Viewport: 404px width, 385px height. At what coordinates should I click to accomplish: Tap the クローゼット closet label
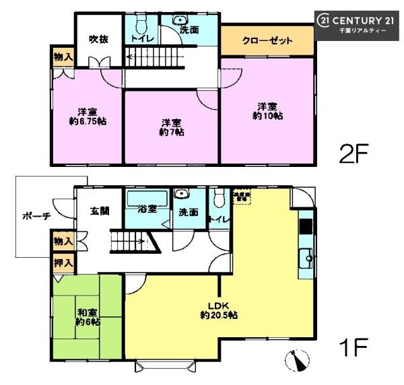[267, 41]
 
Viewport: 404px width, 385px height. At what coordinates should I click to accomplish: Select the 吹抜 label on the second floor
[99, 38]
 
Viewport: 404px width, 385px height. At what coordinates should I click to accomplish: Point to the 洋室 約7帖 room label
[172, 127]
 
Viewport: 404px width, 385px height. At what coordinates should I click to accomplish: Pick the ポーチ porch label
[36, 216]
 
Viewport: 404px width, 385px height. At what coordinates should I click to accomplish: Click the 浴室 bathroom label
[147, 208]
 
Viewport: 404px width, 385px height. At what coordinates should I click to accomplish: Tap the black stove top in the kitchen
[305, 225]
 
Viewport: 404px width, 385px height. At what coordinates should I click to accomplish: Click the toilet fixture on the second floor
[141, 26]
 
